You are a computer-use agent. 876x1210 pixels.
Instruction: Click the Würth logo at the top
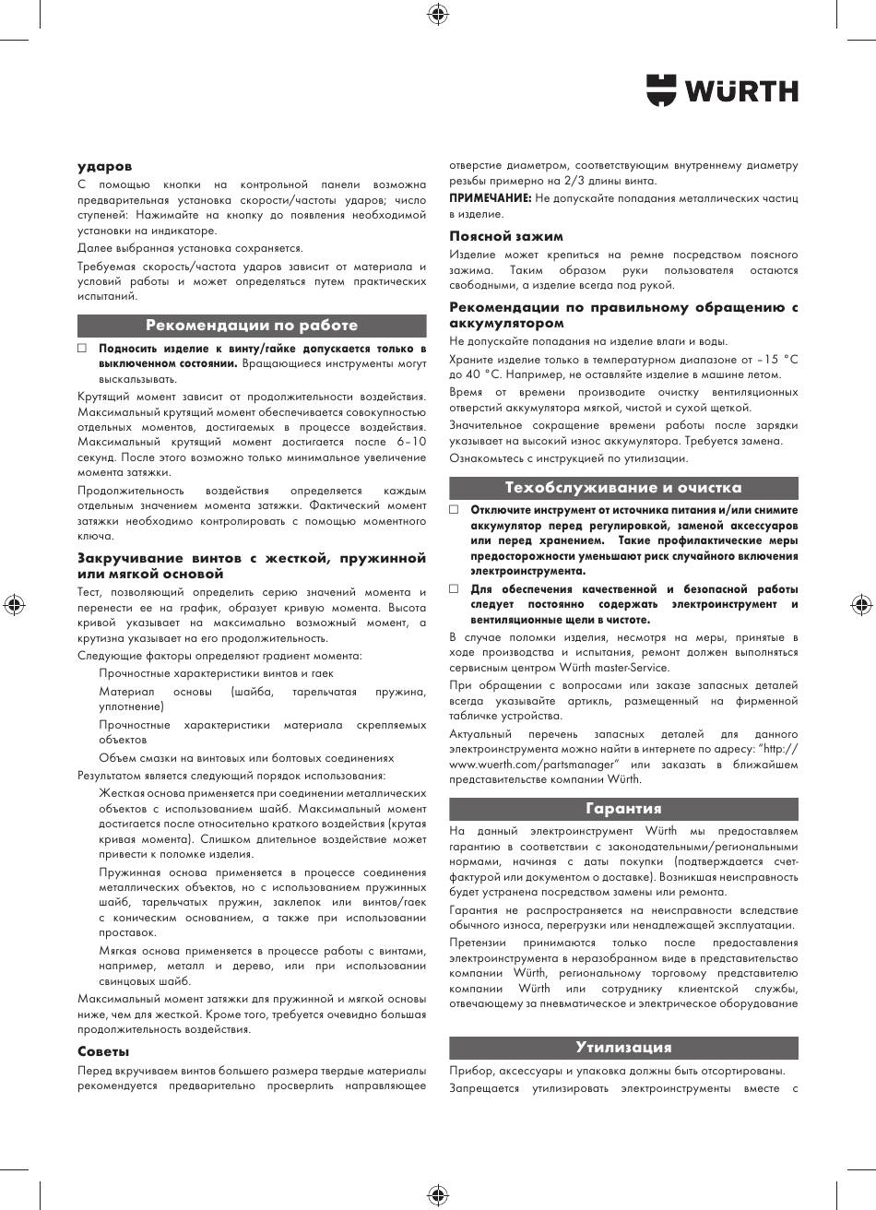(x=722, y=89)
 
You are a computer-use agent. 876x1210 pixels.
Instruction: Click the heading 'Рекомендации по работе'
(x=252, y=326)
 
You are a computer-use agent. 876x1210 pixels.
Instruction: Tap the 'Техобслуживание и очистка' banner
(x=623, y=488)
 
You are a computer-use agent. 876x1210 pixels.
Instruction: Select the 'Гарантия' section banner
(x=623, y=809)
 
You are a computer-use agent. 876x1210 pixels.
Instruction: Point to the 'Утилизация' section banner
(x=623, y=1048)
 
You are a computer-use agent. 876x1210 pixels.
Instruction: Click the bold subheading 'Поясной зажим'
(x=506, y=236)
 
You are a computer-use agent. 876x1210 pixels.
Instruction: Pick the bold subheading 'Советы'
(x=103, y=1051)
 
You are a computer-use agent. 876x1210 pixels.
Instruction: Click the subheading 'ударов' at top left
(x=104, y=167)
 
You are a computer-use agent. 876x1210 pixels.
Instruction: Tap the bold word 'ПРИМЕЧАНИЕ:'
(x=491, y=198)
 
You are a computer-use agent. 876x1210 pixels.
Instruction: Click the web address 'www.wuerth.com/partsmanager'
(x=531, y=765)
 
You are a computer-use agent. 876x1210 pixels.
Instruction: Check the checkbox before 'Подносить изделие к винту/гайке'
(x=82, y=350)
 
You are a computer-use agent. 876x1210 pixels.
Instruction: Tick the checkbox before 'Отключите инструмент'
(x=454, y=510)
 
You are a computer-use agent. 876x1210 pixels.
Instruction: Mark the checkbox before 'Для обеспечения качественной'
(x=454, y=588)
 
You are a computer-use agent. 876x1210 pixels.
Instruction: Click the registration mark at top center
(x=438, y=13)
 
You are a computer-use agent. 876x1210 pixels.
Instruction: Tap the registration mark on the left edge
(x=13, y=605)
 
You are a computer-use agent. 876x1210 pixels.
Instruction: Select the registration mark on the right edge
(x=862, y=605)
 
